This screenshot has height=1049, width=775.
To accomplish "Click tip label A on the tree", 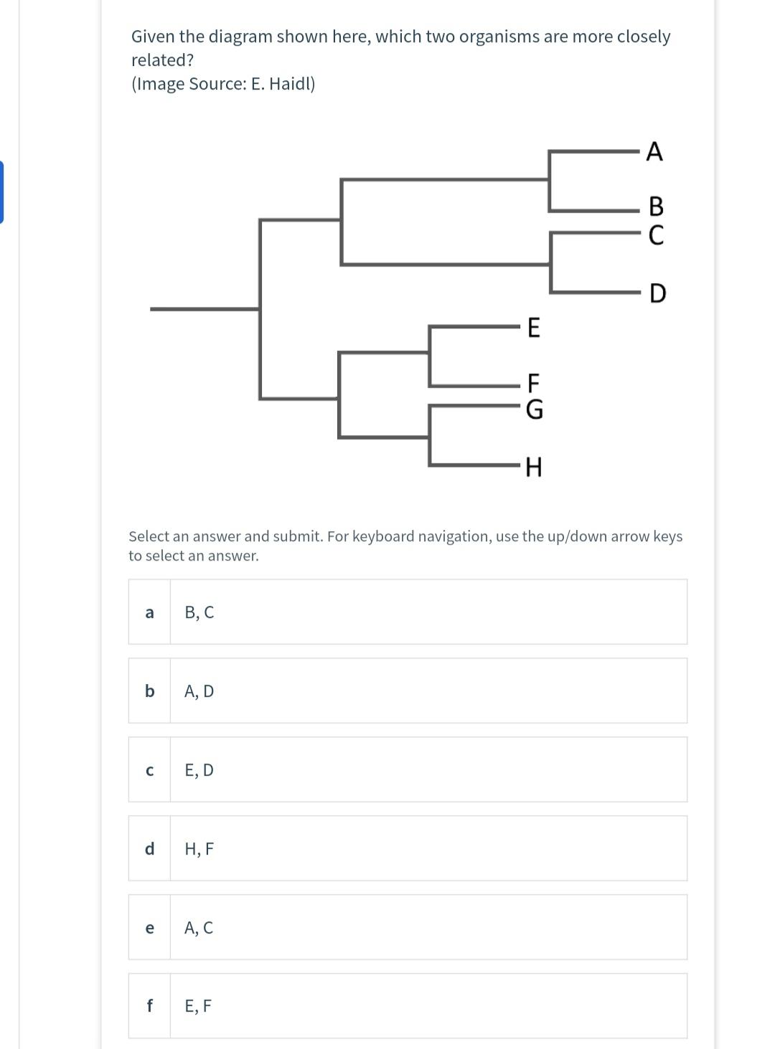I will [x=654, y=152].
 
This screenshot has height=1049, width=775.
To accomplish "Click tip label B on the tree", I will [x=656, y=207].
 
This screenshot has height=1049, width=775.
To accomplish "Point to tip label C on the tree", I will [x=656, y=234].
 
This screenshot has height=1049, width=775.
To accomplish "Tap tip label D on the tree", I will [x=657, y=293].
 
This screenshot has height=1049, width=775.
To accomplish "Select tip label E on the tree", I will [x=534, y=328].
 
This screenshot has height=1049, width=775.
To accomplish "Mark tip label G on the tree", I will [x=535, y=409].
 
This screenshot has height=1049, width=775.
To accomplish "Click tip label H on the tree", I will [x=534, y=468].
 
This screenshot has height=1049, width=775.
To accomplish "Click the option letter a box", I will [x=149, y=612].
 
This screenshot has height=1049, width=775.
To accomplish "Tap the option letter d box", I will [x=149, y=849].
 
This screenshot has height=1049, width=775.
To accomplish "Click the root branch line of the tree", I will [x=205, y=309].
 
